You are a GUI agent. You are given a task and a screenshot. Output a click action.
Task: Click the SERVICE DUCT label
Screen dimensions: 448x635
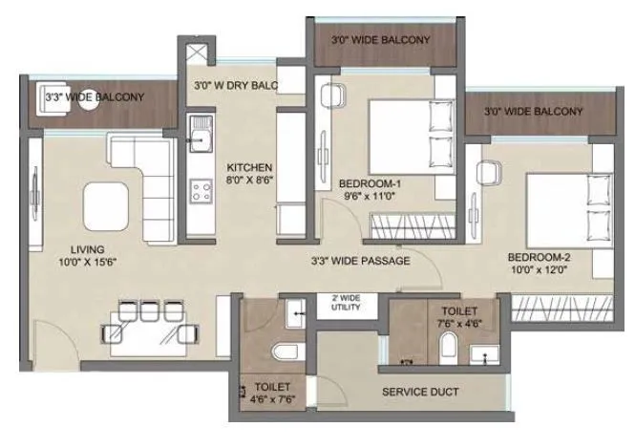[x=420, y=392]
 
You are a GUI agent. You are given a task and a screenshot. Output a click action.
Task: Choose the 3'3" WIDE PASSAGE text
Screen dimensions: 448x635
[x=360, y=260]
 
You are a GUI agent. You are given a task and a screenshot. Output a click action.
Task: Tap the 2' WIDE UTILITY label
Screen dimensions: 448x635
[x=345, y=303]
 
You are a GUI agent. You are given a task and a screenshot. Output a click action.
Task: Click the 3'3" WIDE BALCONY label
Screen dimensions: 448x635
[x=95, y=97]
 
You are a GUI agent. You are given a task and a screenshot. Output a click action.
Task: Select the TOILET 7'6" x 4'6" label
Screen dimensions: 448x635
[x=459, y=317]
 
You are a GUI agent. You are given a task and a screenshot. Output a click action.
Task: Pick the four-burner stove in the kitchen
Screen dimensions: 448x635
[x=201, y=190]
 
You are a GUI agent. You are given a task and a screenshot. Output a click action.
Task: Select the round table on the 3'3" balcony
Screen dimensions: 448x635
[x=89, y=103]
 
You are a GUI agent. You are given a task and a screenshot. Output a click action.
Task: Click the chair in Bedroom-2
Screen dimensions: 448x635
[x=489, y=173]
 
